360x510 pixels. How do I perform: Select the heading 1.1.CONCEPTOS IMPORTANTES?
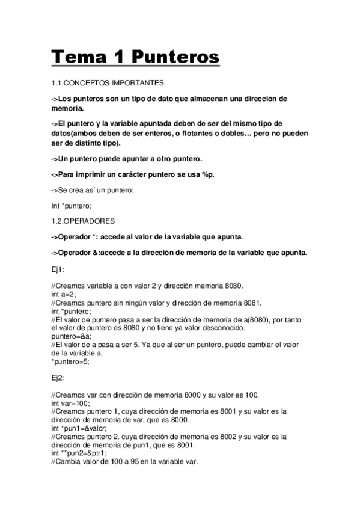click(108, 82)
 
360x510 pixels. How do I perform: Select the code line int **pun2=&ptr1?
click(84, 453)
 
